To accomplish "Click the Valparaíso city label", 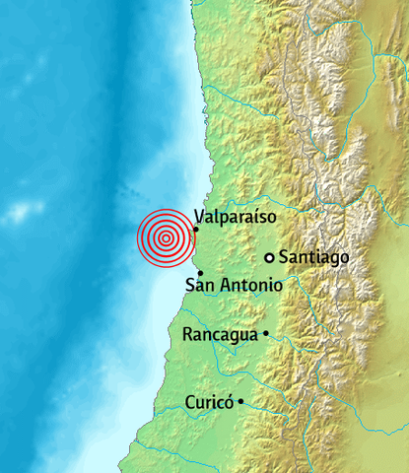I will point(236,216).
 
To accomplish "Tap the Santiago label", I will point(314,257).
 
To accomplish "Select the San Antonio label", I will point(235,286).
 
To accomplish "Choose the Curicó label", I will point(209,402).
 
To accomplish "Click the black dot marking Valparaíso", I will point(196,230).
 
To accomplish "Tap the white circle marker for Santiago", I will point(269,257).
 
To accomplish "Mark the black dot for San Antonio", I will point(200,273).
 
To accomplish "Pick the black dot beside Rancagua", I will point(265,334).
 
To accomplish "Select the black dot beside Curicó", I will point(240,401).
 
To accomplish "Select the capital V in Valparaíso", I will point(200,216).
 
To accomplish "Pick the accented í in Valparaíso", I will point(258,215).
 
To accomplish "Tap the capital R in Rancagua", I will point(189,334).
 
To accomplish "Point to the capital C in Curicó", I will point(190,402).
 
